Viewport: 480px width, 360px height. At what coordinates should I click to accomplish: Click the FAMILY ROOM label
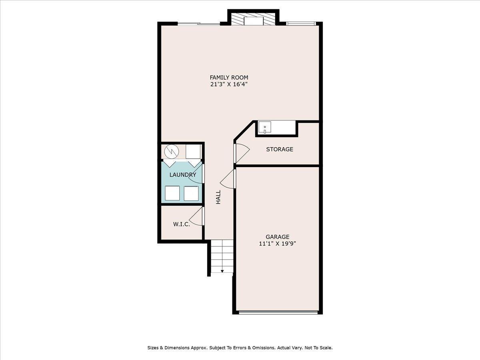tap(229, 77)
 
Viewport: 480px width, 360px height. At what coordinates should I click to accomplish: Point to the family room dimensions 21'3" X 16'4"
tap(229, 84)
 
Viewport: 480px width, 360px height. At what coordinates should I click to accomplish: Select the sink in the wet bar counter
tap(265, 128)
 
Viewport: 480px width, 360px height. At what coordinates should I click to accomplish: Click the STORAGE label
tap(280, 149)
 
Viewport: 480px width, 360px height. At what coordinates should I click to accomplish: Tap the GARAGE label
tap(278, 237)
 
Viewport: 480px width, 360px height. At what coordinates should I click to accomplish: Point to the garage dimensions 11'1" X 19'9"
tap(278, 244)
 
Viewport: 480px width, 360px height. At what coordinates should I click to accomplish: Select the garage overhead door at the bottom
tap(278, 312)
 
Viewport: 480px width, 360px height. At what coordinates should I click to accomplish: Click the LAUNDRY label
tap(182, 175)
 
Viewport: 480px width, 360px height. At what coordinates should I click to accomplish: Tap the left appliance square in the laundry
tap(172, 193)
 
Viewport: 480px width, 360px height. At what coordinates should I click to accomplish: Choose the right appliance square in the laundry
tap(191, 193)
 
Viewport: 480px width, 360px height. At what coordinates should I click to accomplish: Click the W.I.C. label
tap(181, 224)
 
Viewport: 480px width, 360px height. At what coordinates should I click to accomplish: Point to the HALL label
tap(218, 197)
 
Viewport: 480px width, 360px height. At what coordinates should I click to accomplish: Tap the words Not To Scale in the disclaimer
tap(318, 348)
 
